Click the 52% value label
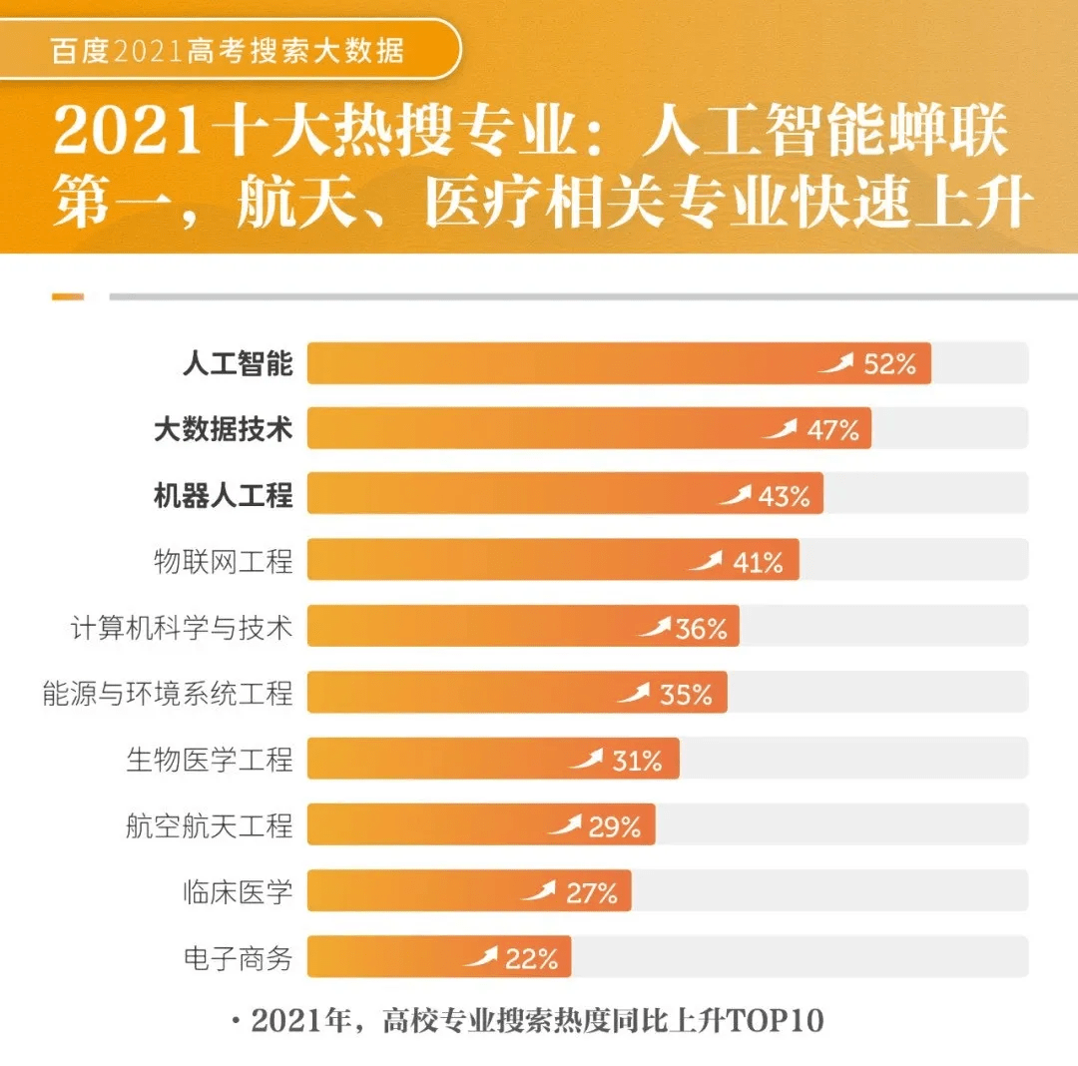coord(889,364)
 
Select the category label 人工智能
coord(238,364)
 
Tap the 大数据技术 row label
coord(223,430)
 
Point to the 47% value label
coord(832,430)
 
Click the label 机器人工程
coord(223,496)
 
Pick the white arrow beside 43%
coord(735,495)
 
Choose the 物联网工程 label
coord(223,562)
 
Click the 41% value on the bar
coord(758,563)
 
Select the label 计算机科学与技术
coord(181,629)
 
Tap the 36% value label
coord(701,629)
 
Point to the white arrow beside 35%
coord(633,693)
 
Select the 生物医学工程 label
coord(209,761)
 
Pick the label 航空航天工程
coord(209,826)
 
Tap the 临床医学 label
coord(238,892)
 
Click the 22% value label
coord(531,959)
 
